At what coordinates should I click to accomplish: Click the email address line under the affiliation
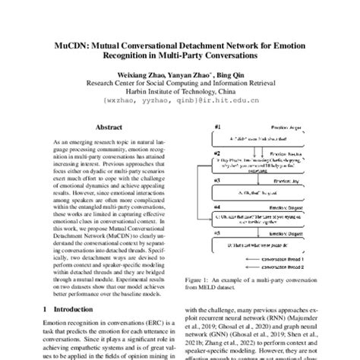click(180, 99)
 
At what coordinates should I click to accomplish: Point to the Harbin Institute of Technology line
click(180, 90)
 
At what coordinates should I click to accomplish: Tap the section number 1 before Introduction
click(47, 311)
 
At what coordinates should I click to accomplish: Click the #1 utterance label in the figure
click(218, 127)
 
